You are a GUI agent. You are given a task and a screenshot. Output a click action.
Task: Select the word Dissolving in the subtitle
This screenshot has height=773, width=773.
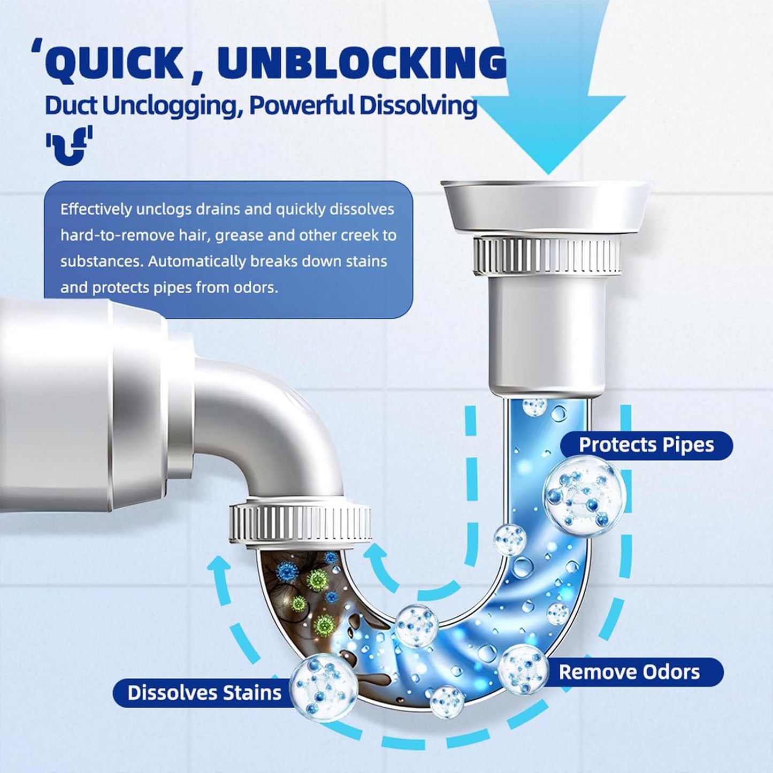[418, 105]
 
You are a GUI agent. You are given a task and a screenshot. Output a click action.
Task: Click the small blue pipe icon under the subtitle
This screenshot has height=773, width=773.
[69, 144]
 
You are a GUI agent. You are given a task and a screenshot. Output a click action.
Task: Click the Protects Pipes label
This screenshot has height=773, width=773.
[646, 445]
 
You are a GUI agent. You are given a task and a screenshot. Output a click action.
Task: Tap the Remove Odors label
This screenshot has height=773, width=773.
[629, 672]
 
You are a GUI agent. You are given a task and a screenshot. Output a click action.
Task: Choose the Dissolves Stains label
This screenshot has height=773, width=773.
[204, 693]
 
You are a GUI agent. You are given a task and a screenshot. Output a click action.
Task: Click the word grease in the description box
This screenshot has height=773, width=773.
[239, 235]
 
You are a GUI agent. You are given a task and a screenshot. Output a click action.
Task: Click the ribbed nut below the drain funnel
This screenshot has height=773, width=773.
[547, 256]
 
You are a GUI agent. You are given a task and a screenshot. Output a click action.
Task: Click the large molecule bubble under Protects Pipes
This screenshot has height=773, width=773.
[584, 495]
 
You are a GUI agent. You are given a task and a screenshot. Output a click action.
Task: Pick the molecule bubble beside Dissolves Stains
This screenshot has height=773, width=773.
[324, 687]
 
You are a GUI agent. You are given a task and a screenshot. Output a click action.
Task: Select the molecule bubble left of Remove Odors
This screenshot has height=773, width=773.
[523, 669]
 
